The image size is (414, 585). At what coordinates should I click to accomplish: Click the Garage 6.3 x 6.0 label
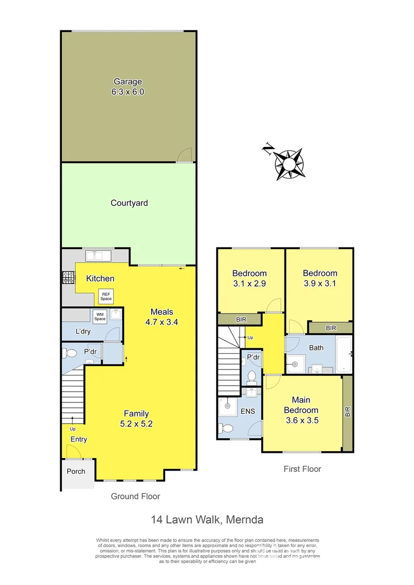(x=128, y=87)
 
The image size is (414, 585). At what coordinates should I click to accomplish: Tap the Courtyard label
(x=129, y=203)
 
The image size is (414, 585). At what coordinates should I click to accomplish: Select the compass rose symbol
(x=289, y=162)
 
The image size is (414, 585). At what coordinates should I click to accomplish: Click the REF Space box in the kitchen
(x=106, y=296)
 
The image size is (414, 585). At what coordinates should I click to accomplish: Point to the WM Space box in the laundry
(x=100, y=316)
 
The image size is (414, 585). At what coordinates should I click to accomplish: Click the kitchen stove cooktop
(x=68, y=278)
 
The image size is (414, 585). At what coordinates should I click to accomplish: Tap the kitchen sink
(x=98, y=255)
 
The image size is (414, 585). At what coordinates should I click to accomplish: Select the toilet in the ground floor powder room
(x=70, y=353)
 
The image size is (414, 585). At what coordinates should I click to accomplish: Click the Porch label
(x=76, y=471)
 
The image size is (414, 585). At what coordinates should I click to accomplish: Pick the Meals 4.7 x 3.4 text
(x=161, y=316)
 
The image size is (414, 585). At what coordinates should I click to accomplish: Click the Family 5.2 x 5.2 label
(x=135, y=419)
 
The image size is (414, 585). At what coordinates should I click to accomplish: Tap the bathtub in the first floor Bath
(x=344, y=354)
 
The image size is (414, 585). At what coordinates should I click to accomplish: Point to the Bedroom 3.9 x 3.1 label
(x=320, y=278)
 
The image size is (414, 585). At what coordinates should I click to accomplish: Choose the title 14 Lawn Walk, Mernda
(x=207, y=520)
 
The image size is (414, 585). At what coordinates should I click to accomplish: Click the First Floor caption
(x=302, y=469)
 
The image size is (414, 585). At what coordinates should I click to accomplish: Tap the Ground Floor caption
(x=135, y=496)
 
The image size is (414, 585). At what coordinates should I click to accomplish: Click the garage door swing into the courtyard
(x=184, y=155)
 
